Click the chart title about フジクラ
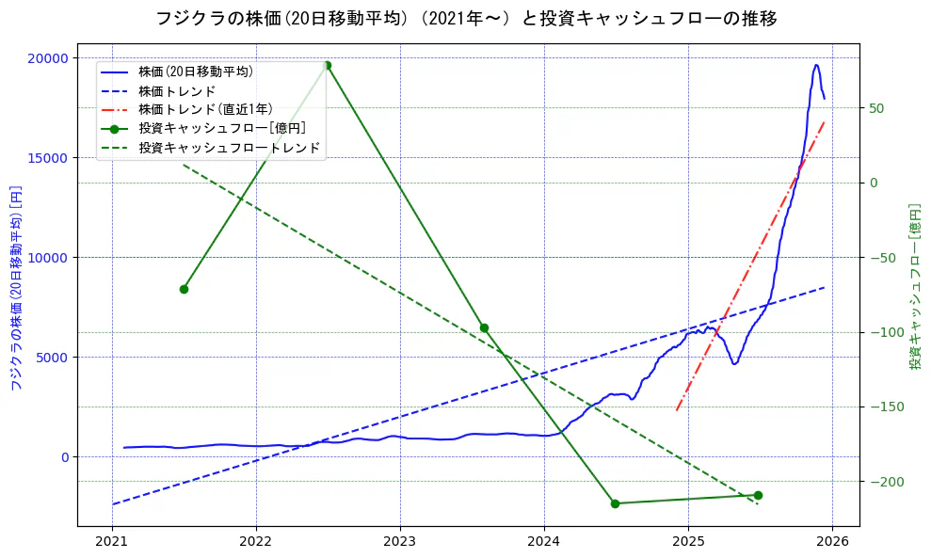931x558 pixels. tap(466, 18)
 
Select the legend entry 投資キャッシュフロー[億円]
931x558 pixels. tap(221, 128)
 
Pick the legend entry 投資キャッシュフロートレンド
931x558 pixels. tap(229, 148)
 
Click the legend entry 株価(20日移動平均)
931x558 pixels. tap(195, 72)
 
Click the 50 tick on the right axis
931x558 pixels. tap(876, 108)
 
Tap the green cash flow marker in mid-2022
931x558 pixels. tap(327, 65)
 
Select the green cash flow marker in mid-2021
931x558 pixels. tap(184, 289)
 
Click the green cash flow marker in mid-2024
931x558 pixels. tap(615, 503)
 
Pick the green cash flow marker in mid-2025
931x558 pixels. tap(758, 495)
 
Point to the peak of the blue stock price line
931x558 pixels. tap(816, 65)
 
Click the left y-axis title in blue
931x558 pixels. tap(15, 288)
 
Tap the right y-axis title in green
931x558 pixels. tap(914, 286)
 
